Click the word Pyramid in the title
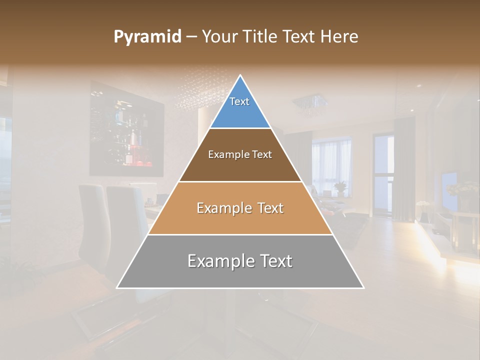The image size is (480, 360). pos(147,37)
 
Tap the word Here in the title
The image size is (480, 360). pos(340,37)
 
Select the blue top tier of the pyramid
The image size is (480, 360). pos(240,107)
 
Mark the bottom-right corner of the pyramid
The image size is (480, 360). pos(363,287)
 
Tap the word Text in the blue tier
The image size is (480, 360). pos(239,101)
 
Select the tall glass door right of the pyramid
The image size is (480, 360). pos(383,170)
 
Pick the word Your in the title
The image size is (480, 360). pos(218,37)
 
